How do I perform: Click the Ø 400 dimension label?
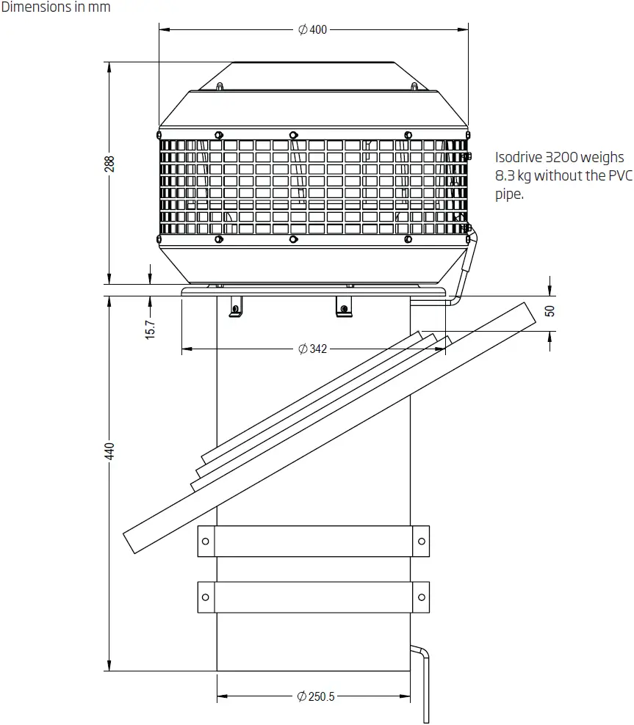point(312,29)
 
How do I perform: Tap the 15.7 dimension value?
point(150,329)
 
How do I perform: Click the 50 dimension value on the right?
point(550,310)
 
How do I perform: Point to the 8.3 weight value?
point(505,176)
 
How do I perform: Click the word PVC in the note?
point(620,176)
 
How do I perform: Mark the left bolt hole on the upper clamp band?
point(206,542)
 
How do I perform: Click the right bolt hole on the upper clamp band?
point(422,542)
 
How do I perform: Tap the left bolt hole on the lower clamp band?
point(206,597)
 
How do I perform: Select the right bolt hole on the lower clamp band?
point(422,597)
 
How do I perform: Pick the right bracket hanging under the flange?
point(343,306)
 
